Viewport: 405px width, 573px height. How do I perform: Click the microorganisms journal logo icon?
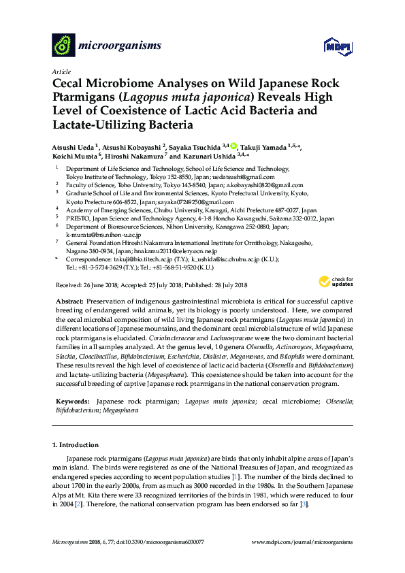click(63, 45)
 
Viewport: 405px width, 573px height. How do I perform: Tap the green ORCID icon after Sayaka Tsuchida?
click(233, 146)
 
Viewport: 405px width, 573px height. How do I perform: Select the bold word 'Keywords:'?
click(73, 402)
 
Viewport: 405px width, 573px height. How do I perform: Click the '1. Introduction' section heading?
click(75, 445)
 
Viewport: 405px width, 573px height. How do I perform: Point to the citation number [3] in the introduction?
click(306, 505)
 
